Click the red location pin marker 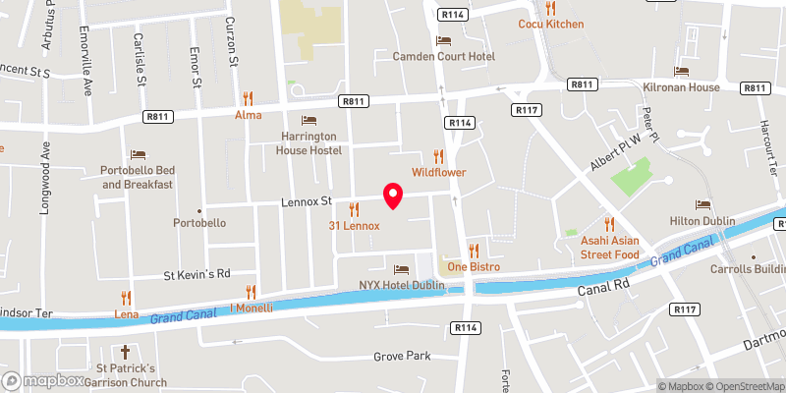(x=393, y=196)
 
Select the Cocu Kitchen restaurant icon (x=550, y=8)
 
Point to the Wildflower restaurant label (x=438, y=173)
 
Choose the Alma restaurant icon (x=249, y=98)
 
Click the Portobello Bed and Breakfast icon (x=138, y=155)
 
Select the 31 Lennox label (x=354, y=226)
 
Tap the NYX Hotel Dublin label (x=401, y=286)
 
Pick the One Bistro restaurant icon (x=474, y=251)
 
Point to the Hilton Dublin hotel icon (x=702, y=204)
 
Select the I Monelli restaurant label (x=251, y=308)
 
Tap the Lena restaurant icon (x=126, y=297)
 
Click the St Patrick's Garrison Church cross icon (x=126, y=352)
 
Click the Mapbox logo (x=44, y=380)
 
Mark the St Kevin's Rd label (x=196, y=273)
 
